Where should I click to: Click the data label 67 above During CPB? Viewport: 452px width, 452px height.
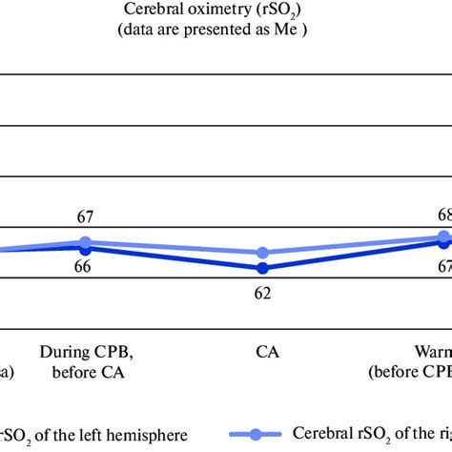tap(84, 218)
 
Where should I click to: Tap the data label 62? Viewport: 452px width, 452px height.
tap(262, 293)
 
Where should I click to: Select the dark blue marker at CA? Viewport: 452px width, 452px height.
tap(262, 269)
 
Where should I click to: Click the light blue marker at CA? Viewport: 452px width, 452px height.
tap(262, 253)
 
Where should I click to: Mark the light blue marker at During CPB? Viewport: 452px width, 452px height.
tap(85, 242)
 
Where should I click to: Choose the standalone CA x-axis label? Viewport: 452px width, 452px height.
tap(267, 351)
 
